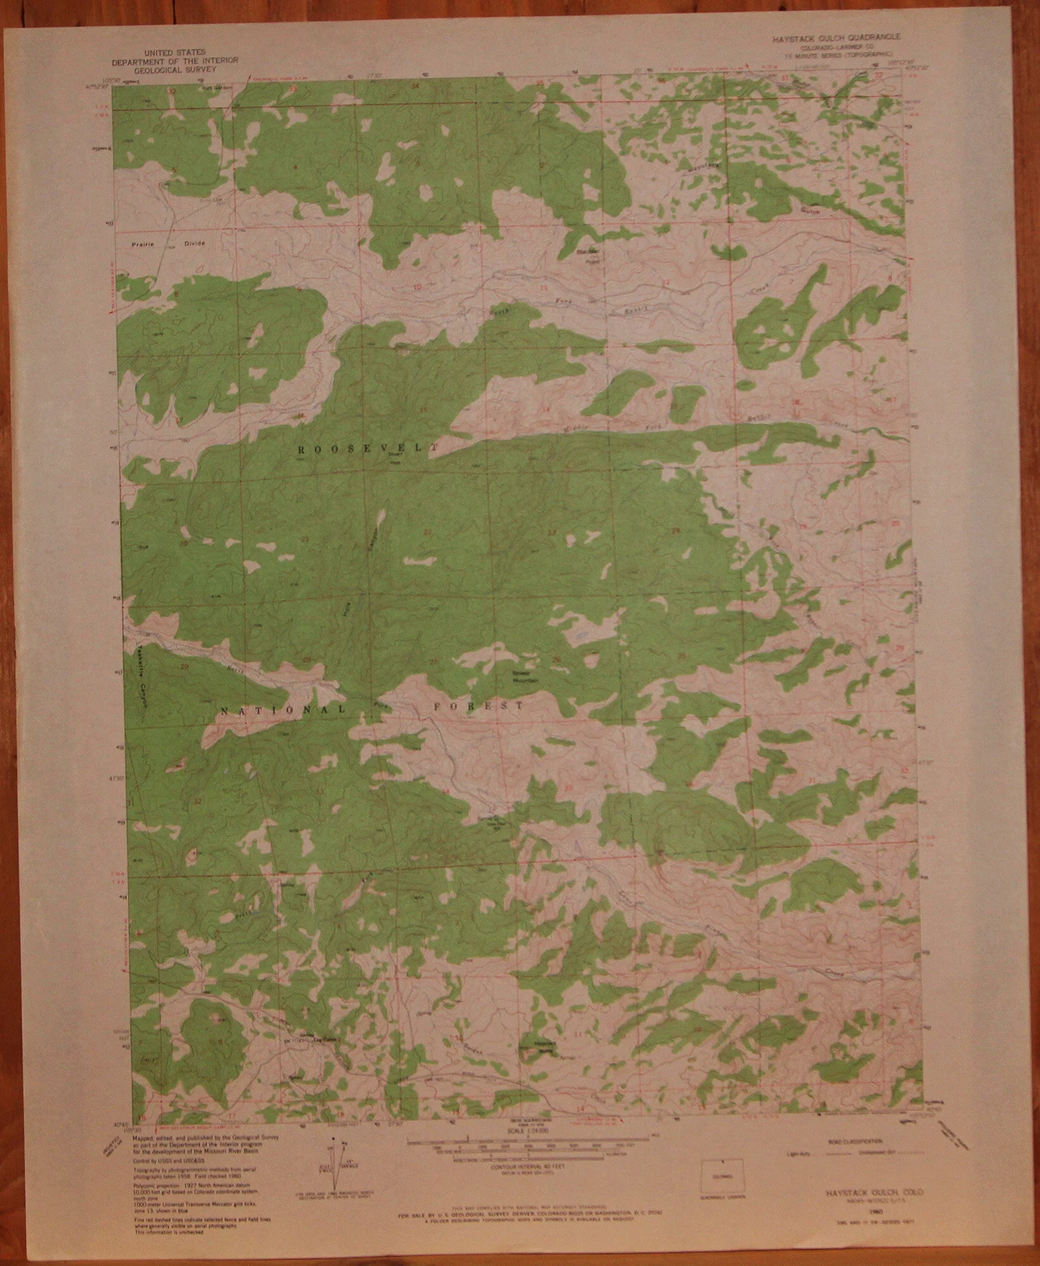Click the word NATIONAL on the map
tap(282, 710)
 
